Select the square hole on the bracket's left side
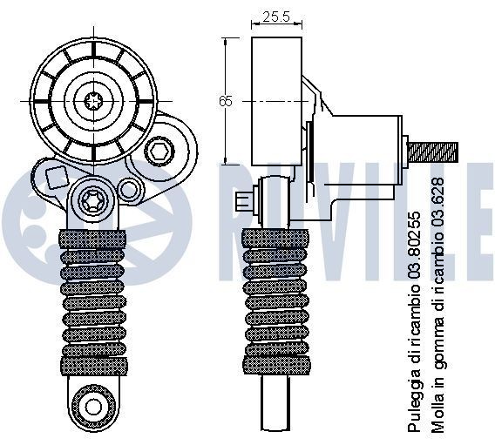55,178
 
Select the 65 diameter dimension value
227,102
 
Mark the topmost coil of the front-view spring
92,237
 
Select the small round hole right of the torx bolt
129,187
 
